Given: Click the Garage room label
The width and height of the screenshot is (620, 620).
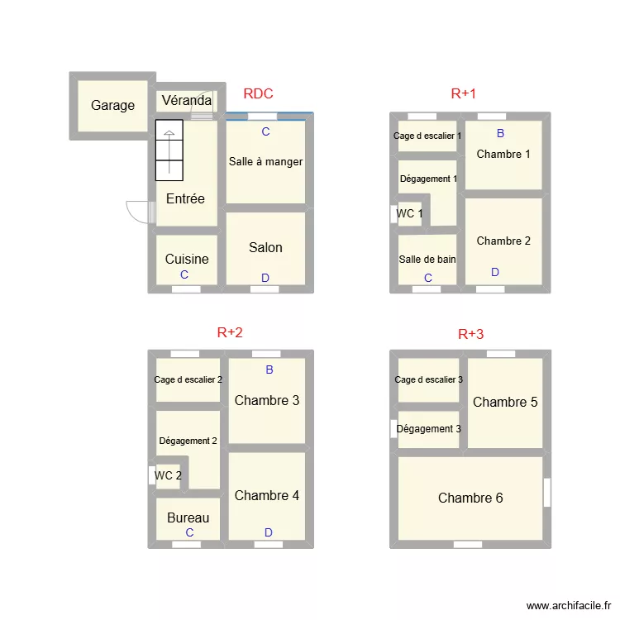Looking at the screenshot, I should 112,106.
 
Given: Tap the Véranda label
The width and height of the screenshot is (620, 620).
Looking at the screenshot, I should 186,102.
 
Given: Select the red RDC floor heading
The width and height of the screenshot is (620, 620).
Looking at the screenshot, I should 258,94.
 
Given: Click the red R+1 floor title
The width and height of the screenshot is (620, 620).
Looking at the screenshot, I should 464,94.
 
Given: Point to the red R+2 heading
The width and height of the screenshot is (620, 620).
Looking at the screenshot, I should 230,333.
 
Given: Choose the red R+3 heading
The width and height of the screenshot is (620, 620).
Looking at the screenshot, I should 470,335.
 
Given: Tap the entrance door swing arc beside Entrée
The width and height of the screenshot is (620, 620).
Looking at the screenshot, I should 136,212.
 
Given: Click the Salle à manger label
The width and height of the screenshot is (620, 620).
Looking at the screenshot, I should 265,162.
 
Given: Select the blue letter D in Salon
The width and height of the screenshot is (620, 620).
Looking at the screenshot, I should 265,279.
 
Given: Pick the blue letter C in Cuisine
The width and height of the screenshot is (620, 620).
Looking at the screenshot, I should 184,275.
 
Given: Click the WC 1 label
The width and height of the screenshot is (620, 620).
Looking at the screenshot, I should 410,214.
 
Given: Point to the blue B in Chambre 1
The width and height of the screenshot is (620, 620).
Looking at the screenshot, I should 500,133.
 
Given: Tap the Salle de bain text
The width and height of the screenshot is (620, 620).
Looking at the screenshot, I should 427,260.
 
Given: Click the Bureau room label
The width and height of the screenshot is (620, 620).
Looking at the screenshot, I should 188,518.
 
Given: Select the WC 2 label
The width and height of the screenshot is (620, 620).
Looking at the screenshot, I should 168,476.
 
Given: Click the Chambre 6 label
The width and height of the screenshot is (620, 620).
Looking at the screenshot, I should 470,498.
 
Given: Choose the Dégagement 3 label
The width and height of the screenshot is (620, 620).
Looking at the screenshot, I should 429,429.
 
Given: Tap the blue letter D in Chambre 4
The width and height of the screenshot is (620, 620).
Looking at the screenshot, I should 268,533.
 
